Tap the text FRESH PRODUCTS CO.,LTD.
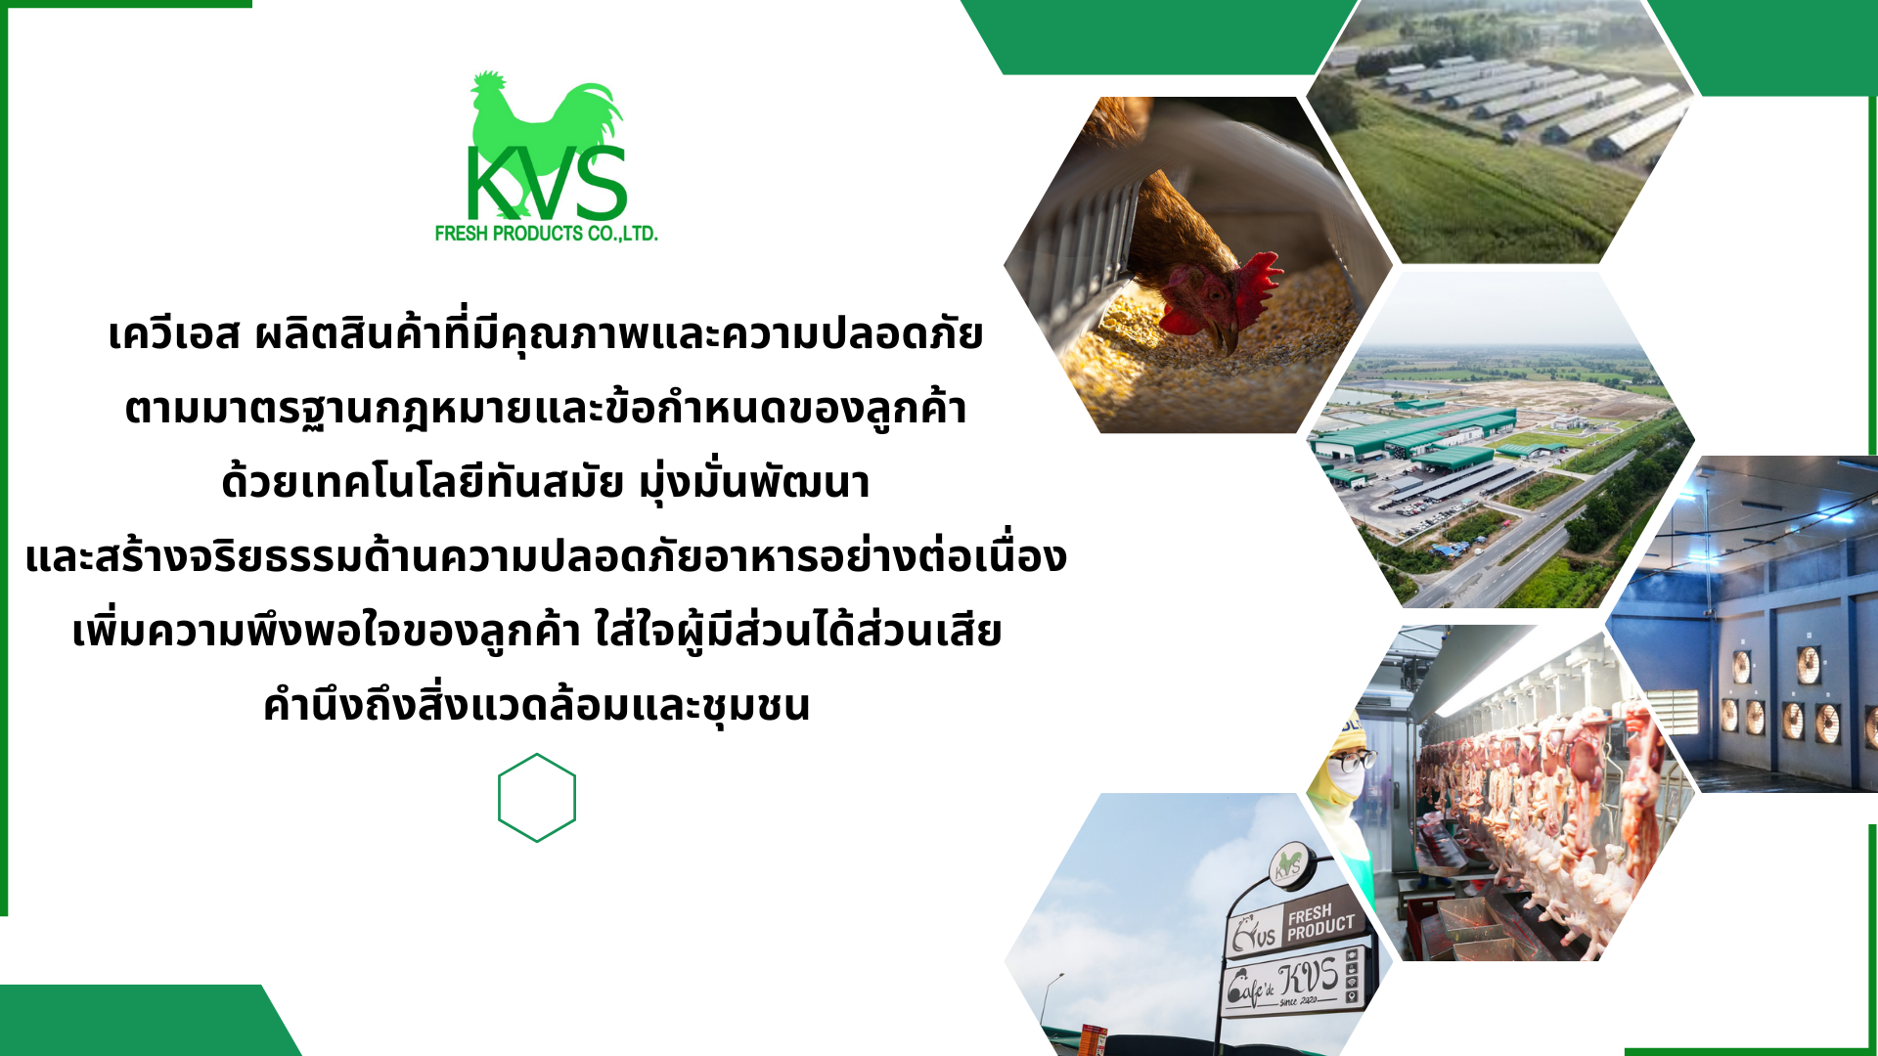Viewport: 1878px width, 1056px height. point(546,234)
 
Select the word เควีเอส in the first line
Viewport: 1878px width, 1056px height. point(173,334)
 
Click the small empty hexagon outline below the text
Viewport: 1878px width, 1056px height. point(537,798)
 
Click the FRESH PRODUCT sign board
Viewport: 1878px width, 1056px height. point(1296,925)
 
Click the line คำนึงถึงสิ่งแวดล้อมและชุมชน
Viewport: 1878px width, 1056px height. point(537,705)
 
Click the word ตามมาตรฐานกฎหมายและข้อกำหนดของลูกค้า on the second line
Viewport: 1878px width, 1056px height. point(545,409)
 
